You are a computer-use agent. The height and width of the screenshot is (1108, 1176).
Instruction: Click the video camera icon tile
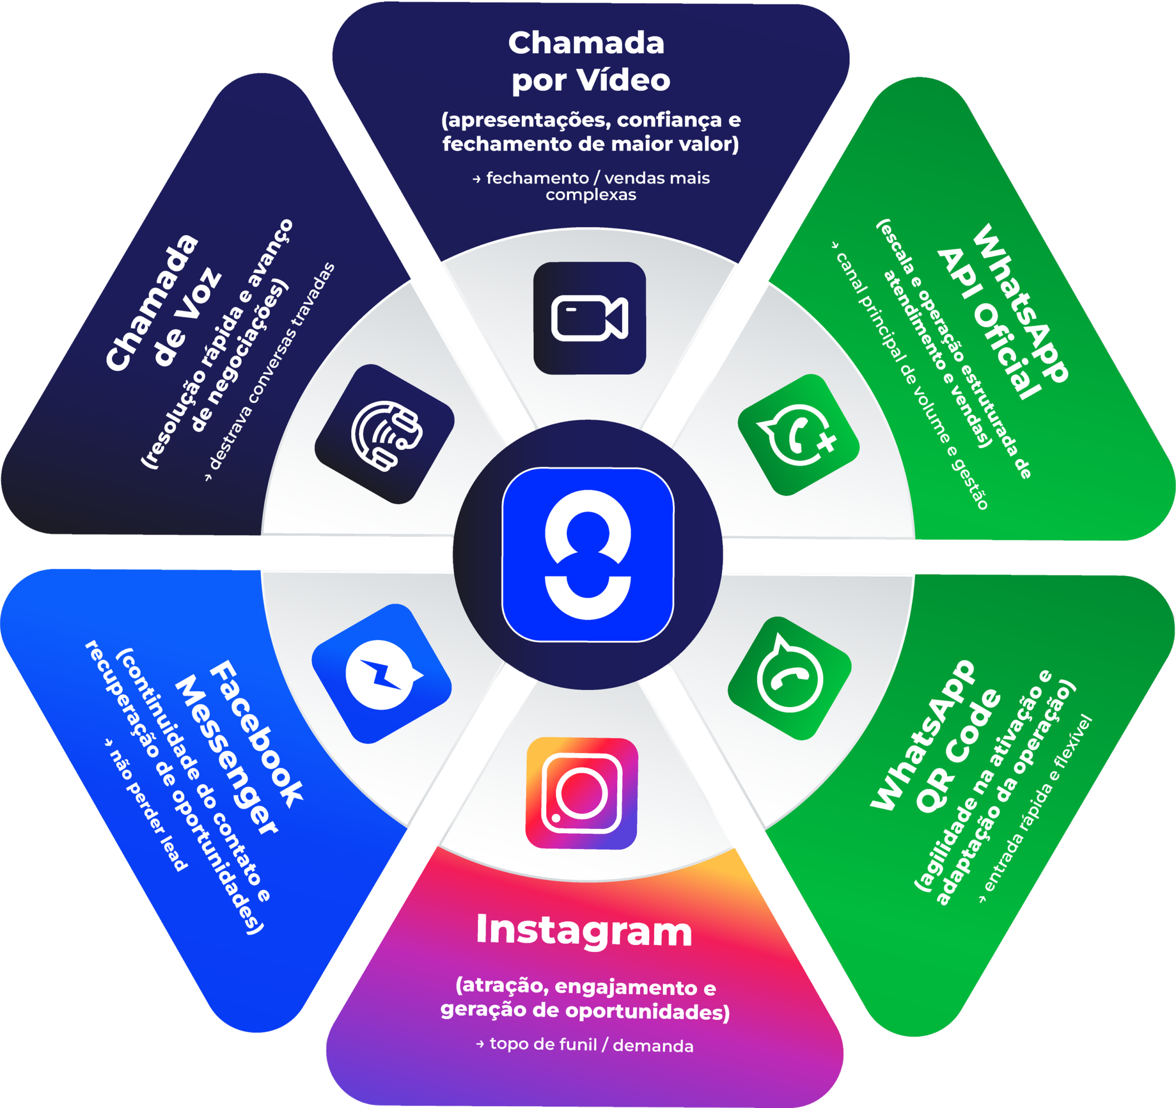pyautogui.click(x=589, y=318)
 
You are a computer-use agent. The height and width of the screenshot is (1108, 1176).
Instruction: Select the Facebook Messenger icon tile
pyautogui.click(x=382, y=673)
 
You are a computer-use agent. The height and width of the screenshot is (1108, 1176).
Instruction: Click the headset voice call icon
pyautogui.click(x=385, y=434)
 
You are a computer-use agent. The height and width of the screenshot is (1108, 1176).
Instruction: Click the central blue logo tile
pyautogui.click(x=588, y=554)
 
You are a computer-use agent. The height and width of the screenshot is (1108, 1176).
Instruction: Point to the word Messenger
pyautogui.click(x=226, y=755)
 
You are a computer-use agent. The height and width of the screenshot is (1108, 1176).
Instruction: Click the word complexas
pyautogui.click(x=590, y=195)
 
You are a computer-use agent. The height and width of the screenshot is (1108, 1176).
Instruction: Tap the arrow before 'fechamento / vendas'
pyautogui.click(x=477, y=179)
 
